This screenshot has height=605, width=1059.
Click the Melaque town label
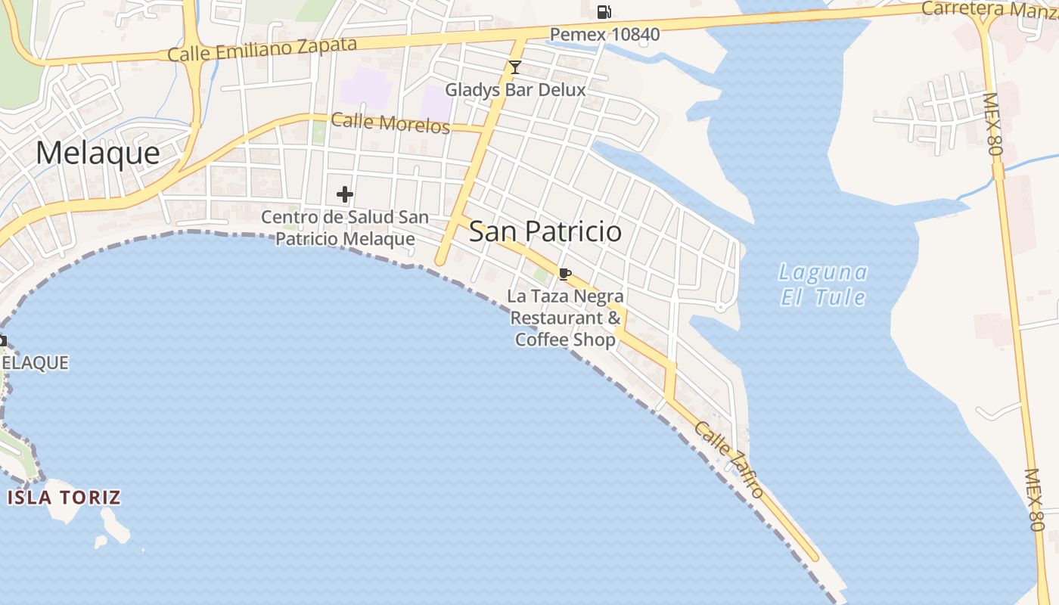point(98,154)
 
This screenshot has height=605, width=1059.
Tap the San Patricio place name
point(545,231)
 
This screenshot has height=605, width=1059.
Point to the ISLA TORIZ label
point(64,497)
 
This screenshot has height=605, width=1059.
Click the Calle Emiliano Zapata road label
point(262,49)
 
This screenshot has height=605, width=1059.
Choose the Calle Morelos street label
point(390,123)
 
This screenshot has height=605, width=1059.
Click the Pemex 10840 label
point(604,34)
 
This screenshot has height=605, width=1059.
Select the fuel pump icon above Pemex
point(604,11)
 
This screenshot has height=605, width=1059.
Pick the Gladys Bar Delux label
point(515,89)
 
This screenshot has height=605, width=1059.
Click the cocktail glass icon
point(515,67)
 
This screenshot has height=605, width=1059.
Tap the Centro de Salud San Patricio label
point(345,228)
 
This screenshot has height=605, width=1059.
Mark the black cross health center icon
point(345,194)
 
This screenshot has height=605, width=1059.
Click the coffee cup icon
point(564,274)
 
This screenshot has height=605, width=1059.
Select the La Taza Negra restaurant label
point(566,318)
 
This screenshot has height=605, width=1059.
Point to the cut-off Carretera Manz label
point(989,9)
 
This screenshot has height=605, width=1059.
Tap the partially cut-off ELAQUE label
point(36,363)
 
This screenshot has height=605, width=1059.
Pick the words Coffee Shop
point(566,340)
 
